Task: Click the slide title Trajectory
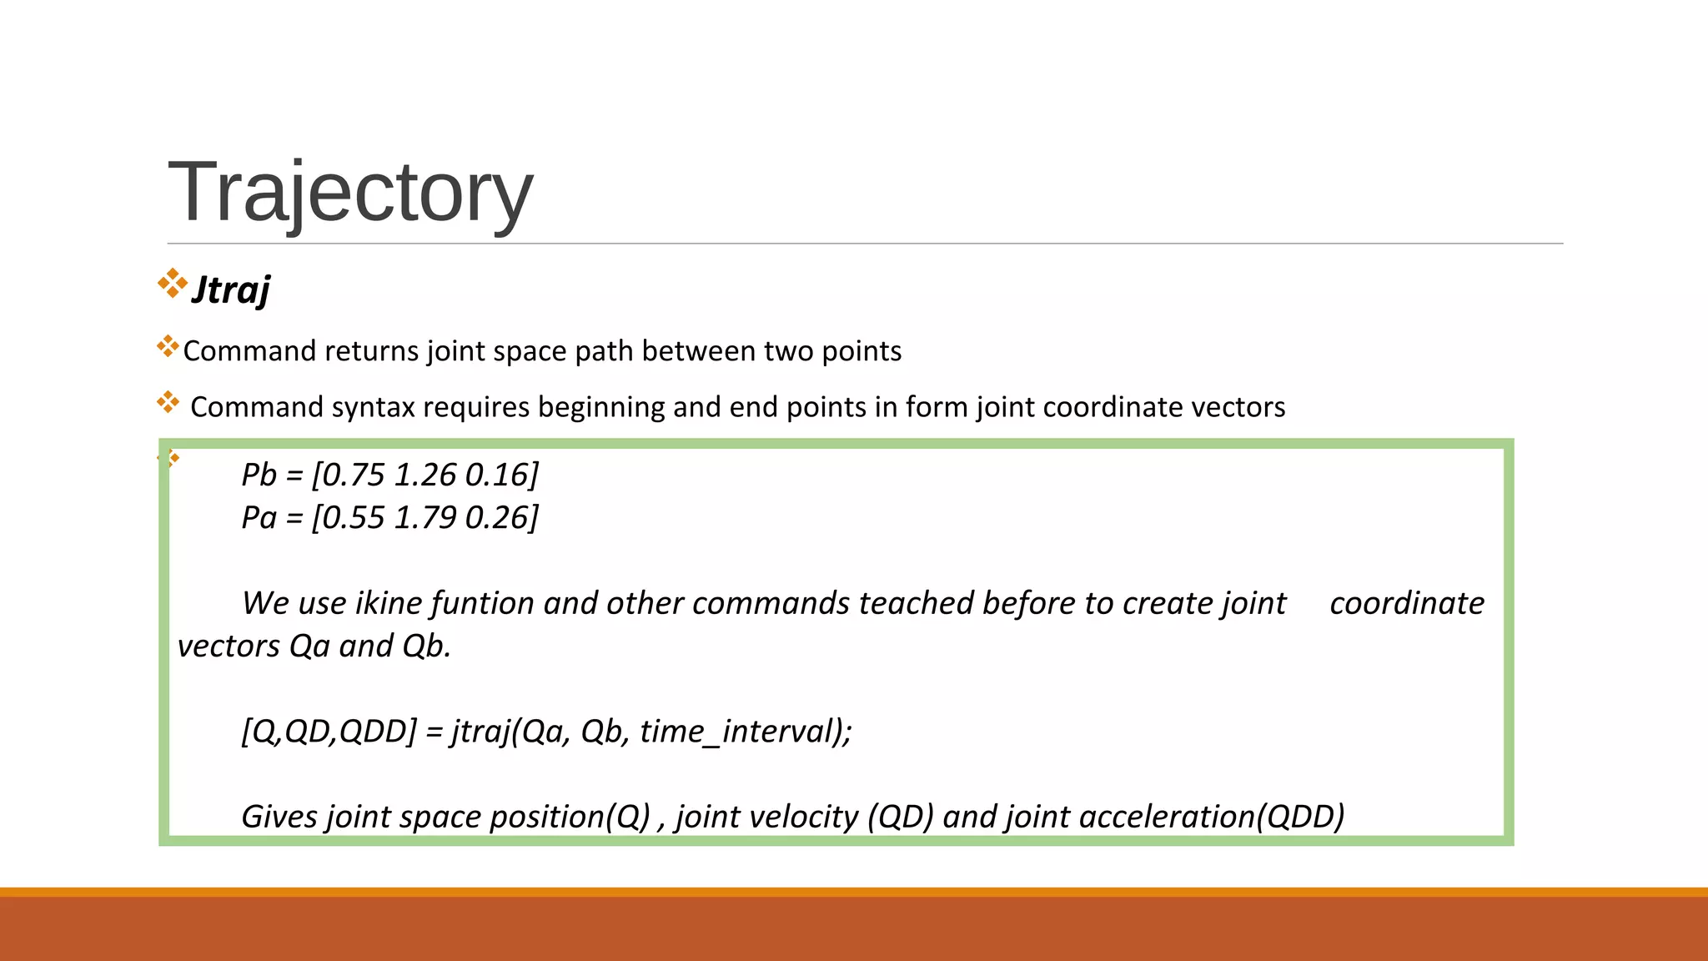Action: pyautogui.click(x=350, y=193)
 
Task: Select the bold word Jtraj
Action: pyautogui.click(x=231, y=290)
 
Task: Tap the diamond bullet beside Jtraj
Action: pyautogui.click(x=173, y=283)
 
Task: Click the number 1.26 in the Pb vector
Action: pyautogui.click(x=424, y=475)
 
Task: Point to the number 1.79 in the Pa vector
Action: pyautogui.click(x=424, y=517)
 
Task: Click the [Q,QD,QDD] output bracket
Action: pyautogui.click(x=329, y=732)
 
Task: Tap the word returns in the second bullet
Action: pyautogui.click(x=371, y=351)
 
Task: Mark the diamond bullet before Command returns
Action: pyautogui.click(x=168, y=346)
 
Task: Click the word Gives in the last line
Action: pyautogui.click(x=279, y=817)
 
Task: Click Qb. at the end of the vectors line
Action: pyautogui.click(x=426, y=647)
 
